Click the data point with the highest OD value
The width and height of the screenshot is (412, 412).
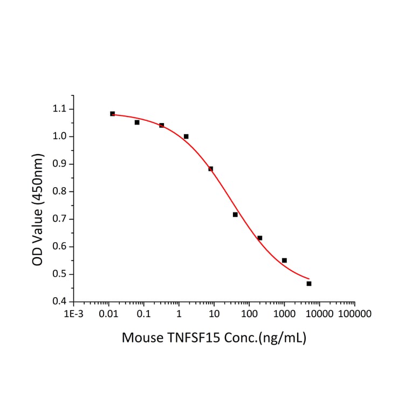tap(112, 114)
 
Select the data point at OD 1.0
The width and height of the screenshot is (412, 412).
tap(186, 136)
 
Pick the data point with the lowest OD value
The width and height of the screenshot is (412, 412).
tap(309, 284)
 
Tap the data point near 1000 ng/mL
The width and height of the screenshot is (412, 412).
tap(284, 260)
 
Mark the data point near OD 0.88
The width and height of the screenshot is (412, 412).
tap(211, 169)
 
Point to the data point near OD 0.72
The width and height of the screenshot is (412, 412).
tap(235, 215)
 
